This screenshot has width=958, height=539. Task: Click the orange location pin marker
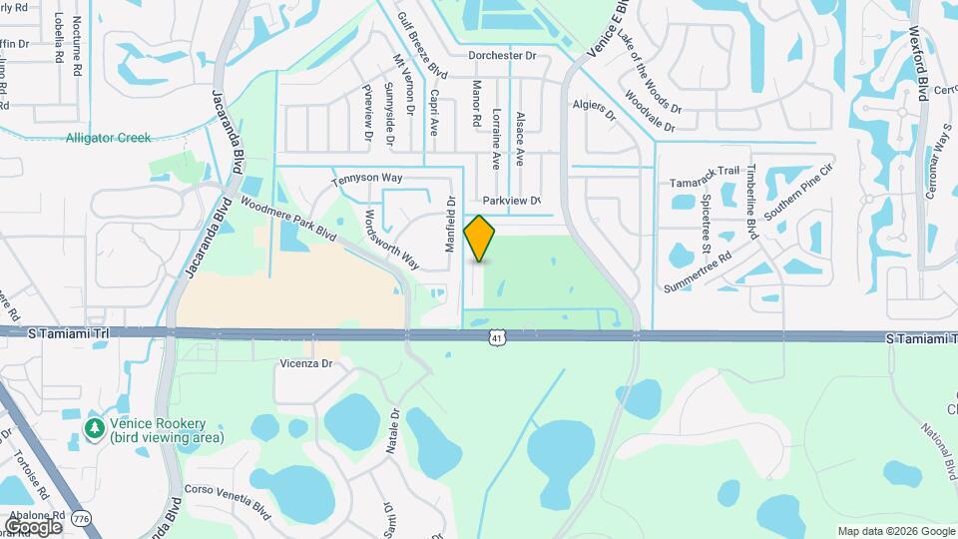click(479, 239)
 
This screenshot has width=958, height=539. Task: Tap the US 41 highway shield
click(496, 339)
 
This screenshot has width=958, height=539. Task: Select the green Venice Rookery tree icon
click(96, 428)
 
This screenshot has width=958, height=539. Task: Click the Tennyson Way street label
click(366, 178)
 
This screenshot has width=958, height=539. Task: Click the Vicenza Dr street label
click(305, 364)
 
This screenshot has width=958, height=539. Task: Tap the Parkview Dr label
click(511, 201)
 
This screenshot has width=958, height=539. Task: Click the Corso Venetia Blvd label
click(228, 498)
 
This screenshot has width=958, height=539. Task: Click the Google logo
click(33, 526)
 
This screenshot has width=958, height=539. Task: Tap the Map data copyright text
click(894, 531)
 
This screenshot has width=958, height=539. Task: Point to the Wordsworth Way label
click(391, 240)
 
